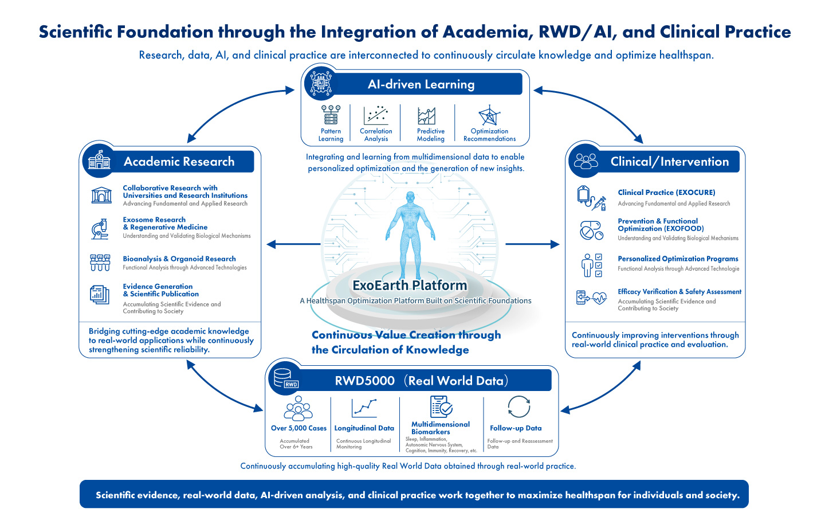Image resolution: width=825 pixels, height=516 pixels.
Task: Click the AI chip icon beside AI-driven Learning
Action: click(x=320, y=83)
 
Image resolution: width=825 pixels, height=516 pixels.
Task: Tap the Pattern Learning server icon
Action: click(x=331, y=115)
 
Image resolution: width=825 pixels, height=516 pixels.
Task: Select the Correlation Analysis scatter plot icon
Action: click(x=376, y=115)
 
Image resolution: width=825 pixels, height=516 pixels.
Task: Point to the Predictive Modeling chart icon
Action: click(x=426, y=116)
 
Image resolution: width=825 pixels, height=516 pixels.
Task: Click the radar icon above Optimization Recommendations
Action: click(x=489, y=115)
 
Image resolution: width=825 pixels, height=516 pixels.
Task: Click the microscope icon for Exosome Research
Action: click(x=100, y=229)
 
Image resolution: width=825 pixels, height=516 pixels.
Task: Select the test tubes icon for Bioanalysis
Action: click(x=100, y=263)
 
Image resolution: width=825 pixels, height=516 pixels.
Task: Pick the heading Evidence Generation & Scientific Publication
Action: click(x=160, y=290)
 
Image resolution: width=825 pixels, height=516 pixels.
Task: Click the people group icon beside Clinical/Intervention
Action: click(x=586, y=161)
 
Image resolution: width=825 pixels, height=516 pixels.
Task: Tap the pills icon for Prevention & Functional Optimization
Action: click(x=591, y=230)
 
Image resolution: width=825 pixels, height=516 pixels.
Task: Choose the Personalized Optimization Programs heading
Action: click(x=678, y=259)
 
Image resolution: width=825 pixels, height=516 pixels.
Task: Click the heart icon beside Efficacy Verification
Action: click(x=599, y=298)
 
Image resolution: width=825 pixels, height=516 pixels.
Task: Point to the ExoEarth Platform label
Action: click(x=410, y=286)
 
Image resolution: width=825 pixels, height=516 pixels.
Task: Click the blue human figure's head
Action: click(x=410, y=197)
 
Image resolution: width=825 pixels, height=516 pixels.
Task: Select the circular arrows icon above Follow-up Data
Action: click(x=519, y=407)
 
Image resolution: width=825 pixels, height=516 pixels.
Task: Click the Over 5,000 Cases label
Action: click(x=298, y=428)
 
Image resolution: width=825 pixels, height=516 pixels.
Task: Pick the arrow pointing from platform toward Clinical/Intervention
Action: click(x=532, y=244)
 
